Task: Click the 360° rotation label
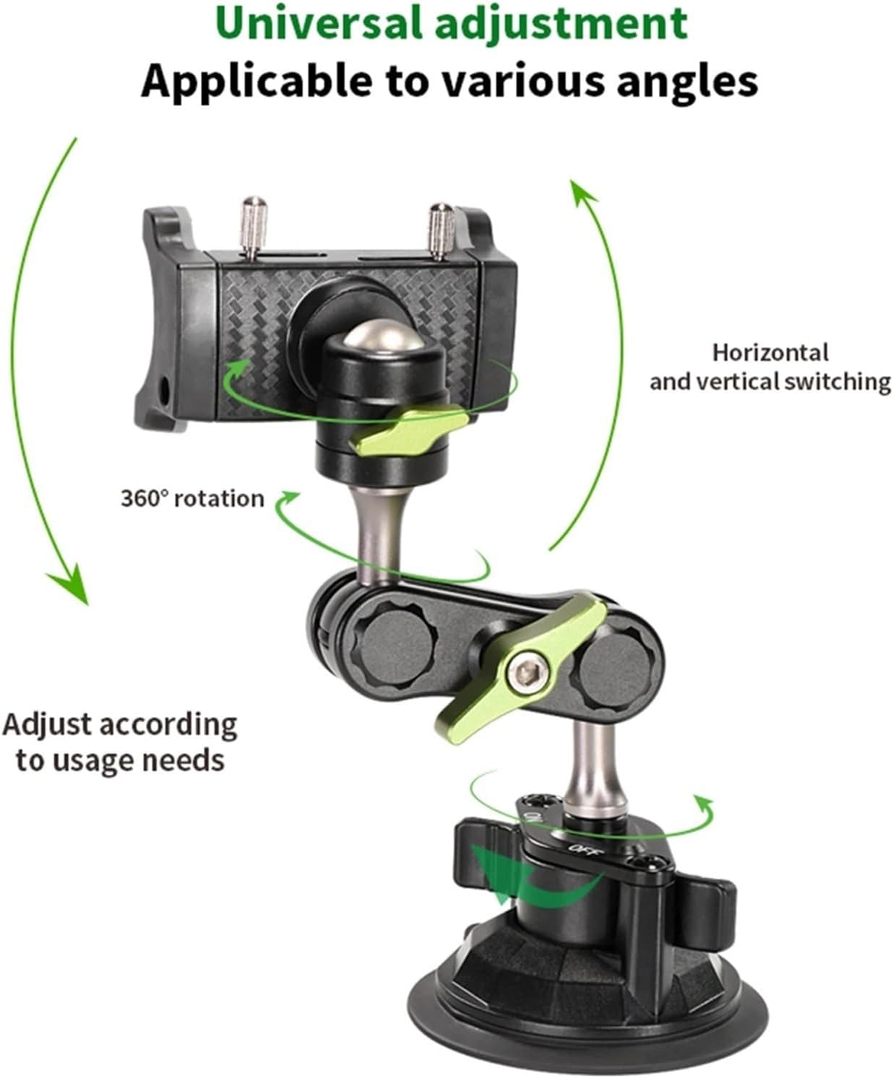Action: coord(192,498)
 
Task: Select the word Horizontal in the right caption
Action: coord(770,352)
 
